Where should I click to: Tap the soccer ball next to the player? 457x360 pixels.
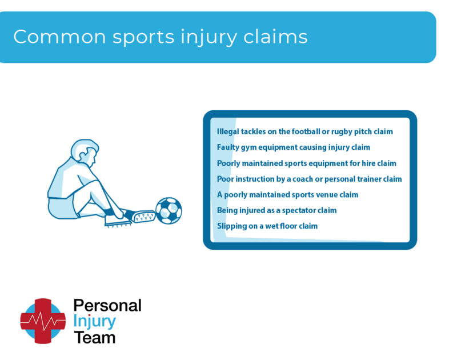click(x=169, y=210)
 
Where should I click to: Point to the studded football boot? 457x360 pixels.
click(x=139, y=216)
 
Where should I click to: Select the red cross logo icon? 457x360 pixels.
click(x=43, y=321)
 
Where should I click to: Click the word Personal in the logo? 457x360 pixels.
click(x=107, y=305)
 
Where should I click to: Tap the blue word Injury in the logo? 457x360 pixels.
click(x=94, y=321)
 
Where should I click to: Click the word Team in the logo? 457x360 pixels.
click(x=94, y=337)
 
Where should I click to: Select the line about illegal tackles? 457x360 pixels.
click(x=304, y=131)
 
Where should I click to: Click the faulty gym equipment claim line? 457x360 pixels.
click(x=293, y=147)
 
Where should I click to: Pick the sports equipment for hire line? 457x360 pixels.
click(x=306, y=163)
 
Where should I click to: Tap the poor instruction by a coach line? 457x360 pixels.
click(x=309, y=179)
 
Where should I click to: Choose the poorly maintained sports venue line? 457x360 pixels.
click(x=287, y=195)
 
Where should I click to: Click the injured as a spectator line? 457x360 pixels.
click(x=276, y=210)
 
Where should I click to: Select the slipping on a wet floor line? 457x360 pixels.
click(x=267, y=226)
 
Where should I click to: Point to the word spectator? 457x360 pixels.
click(x=298, y=210)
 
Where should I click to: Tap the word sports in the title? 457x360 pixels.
click(x=143, y=38)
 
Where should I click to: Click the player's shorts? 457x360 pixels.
click(x=62, y=207)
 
